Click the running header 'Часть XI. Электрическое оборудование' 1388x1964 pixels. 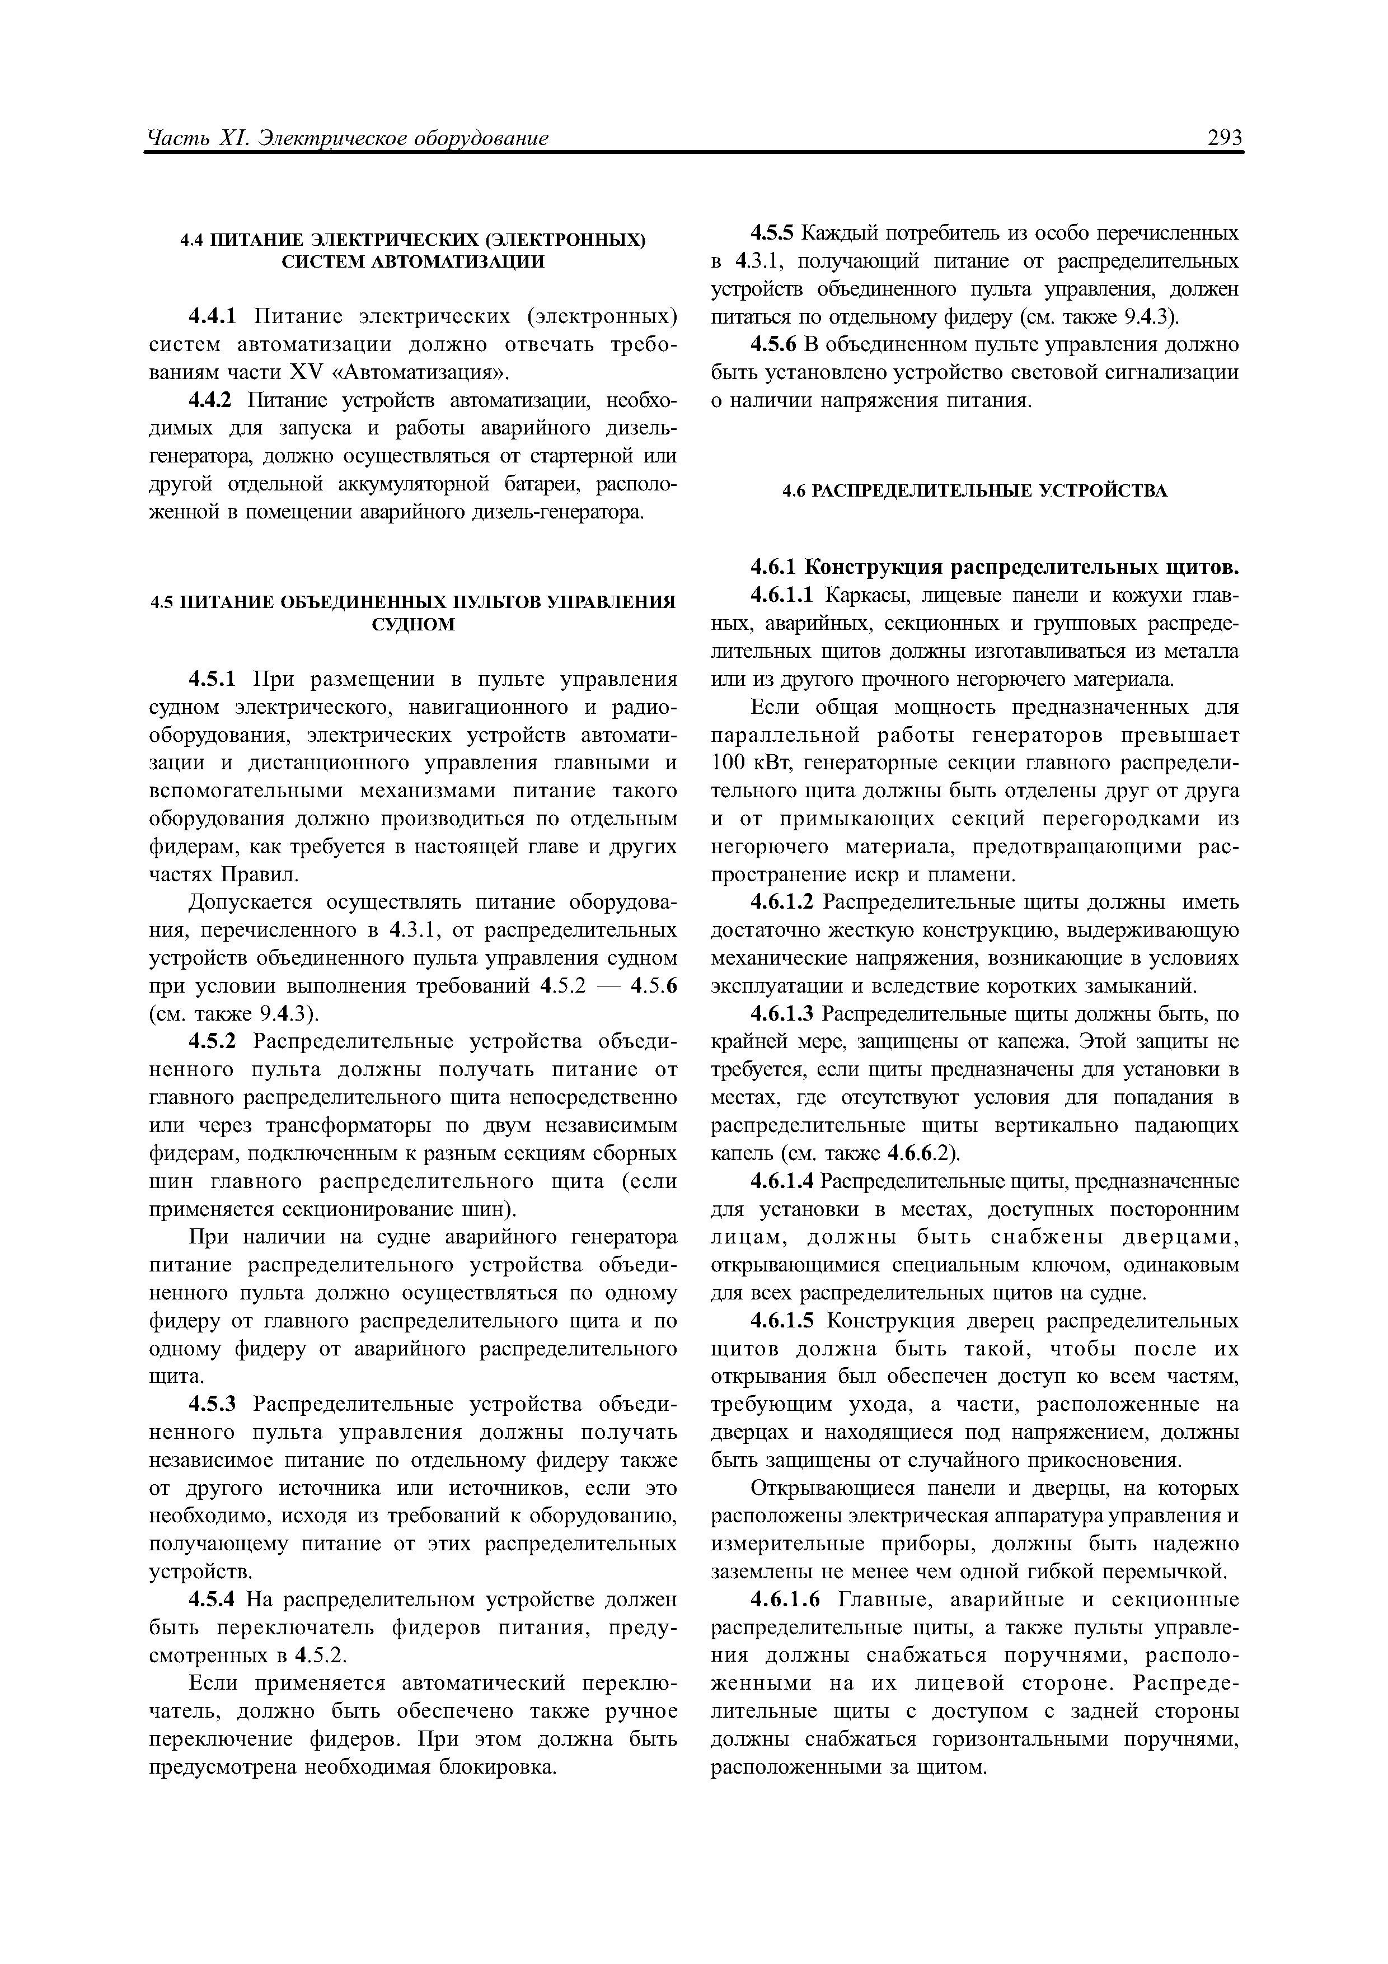[348, 138]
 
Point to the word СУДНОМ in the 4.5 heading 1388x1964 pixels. [413, 624]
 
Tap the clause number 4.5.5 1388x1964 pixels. [772, 233]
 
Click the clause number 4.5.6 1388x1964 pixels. [772, 345]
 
